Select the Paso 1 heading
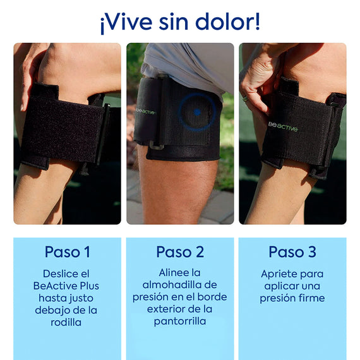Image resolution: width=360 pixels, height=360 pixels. click(67, 252)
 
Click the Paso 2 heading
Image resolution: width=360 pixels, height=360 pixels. click(180, 252)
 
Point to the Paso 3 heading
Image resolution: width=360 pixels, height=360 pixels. click(292, 252)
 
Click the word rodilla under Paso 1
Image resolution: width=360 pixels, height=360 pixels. click(67, 322)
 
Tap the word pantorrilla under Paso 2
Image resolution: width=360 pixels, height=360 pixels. click(180, 321)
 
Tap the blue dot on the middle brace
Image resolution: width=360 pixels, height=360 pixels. click(197, 112)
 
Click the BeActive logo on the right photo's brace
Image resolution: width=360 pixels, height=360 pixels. click(282, 128)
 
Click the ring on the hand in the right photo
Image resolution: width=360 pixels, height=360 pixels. click(245, 98)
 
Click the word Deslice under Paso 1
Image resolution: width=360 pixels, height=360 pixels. click(58, 274)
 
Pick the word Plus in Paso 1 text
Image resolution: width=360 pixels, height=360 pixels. click(88, 286)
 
